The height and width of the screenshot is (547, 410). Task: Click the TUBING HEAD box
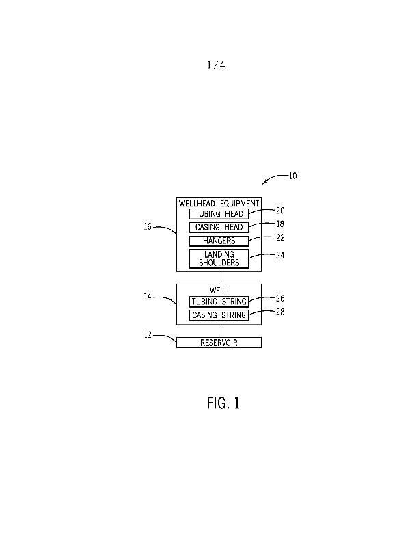[219, 214]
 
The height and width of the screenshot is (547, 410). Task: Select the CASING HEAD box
[219, 227]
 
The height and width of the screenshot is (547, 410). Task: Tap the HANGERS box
[219, 241]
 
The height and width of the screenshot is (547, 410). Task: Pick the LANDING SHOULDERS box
[219, 258]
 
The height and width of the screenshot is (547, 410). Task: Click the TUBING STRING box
[219, 302]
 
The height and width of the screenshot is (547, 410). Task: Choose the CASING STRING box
[219, 315]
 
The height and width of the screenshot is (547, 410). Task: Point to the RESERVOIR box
[219, 343]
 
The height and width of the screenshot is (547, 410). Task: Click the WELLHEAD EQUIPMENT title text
[219, 203]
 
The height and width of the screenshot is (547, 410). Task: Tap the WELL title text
[219, 291]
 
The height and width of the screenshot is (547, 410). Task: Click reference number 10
[292, 176]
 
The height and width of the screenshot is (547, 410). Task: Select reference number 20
[280, 211]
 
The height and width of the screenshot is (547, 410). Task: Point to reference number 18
[280, 224]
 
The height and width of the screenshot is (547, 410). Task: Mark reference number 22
[280, 238]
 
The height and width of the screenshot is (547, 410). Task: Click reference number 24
[280, 256]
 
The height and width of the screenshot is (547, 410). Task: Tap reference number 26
[280, 298]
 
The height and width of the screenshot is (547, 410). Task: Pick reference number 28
[280, 312]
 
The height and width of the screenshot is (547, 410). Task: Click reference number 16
[148, 227]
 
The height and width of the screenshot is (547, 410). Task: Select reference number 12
[148, 335]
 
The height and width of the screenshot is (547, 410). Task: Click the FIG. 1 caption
[223, 403]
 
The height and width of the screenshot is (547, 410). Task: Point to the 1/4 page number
[215, 66]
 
